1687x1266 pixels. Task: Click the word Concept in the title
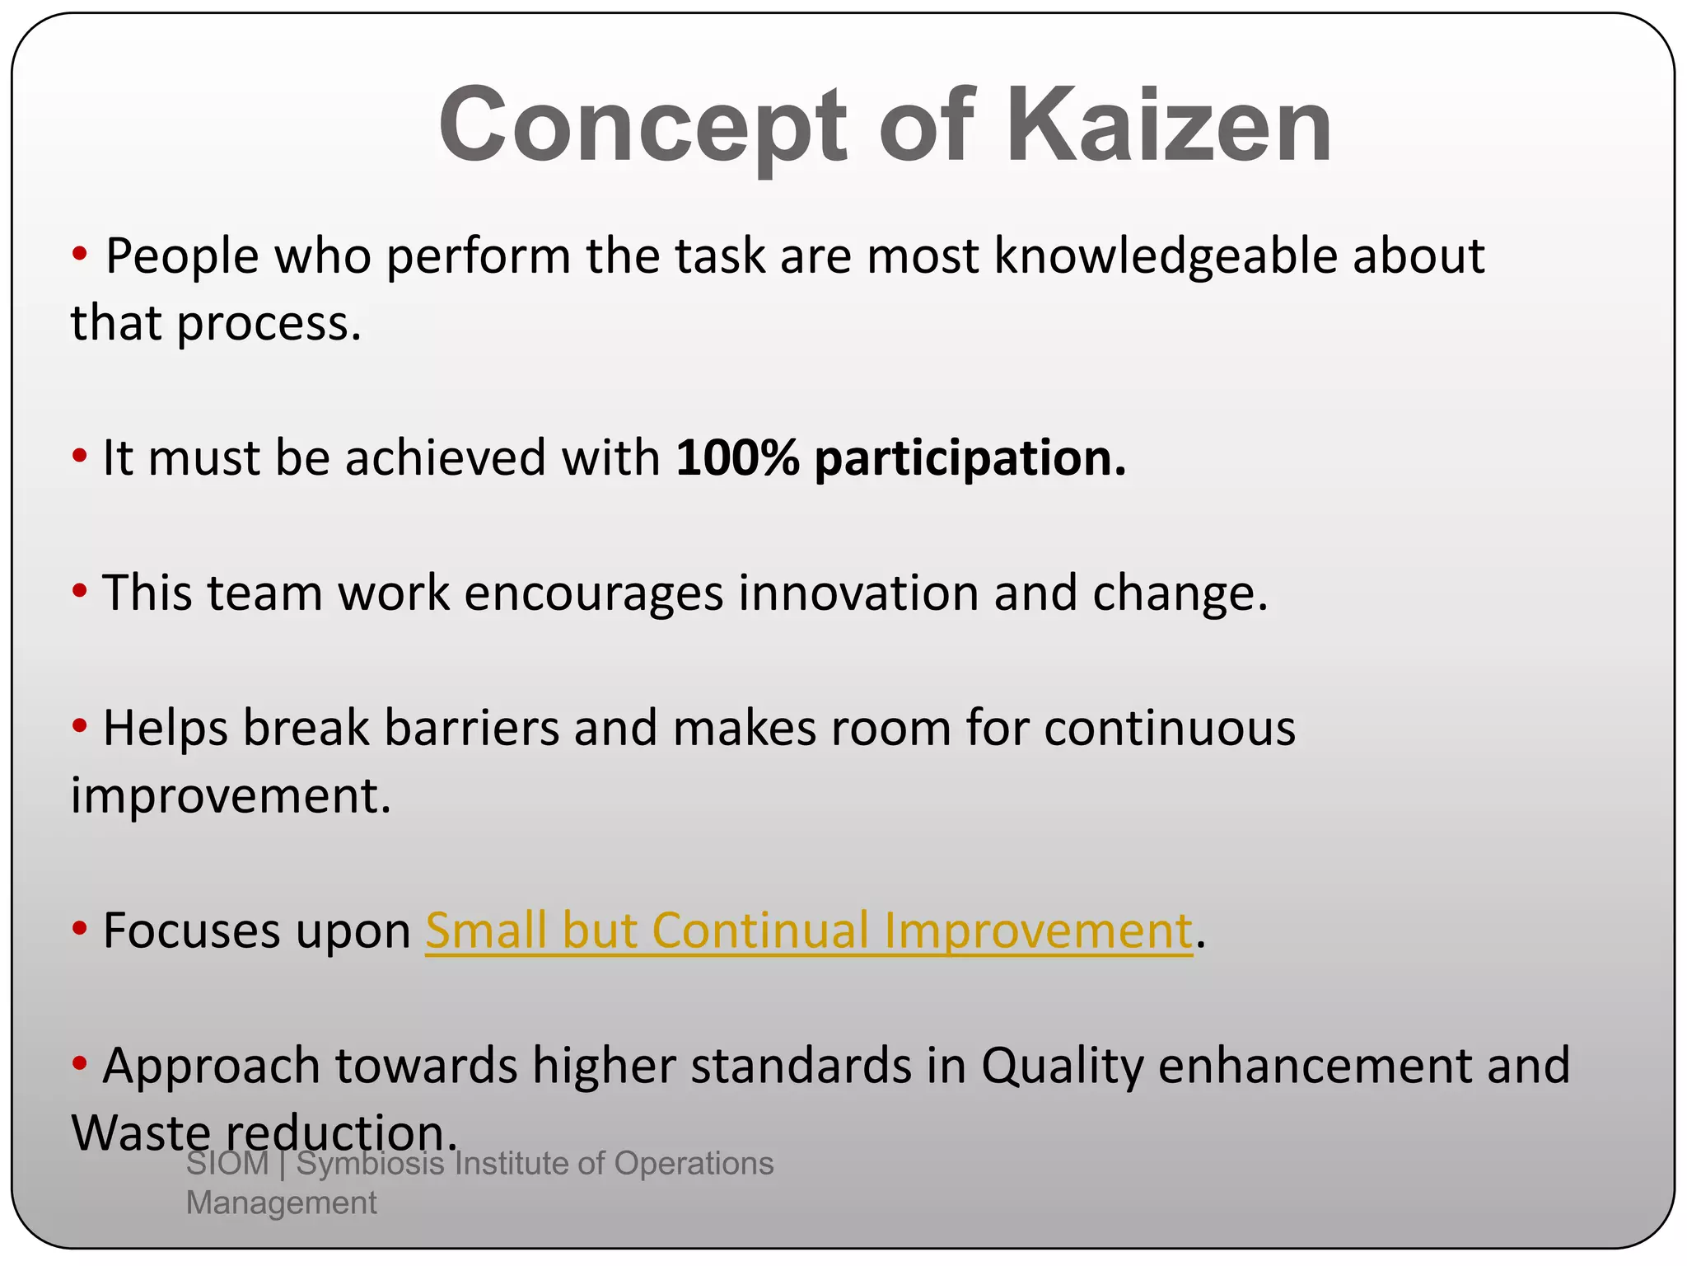(643, 125)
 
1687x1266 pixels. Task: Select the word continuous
(1170, 729)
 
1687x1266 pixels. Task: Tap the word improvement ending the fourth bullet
(231, 797)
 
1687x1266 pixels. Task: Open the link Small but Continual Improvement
(808, 931)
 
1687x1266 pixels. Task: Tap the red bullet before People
(79, 255)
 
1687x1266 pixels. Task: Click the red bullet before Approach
(79, 1064)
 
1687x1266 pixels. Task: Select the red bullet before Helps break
(79, 727)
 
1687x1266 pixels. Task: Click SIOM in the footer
(227, 1164)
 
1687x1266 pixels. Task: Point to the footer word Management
(281, 1203)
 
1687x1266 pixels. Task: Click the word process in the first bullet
(269, 324)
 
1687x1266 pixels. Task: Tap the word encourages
(593, 594)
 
